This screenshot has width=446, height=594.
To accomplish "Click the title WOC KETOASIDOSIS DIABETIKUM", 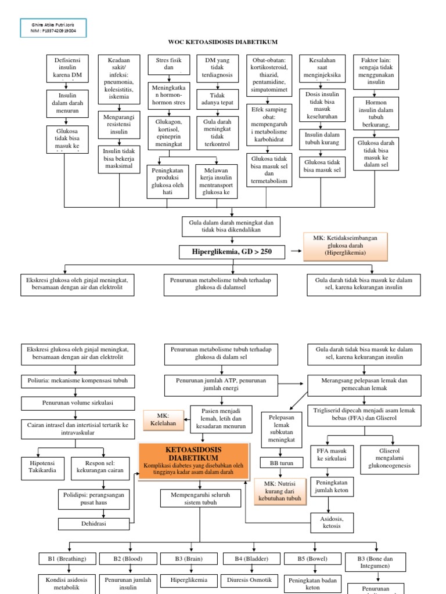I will (223, 42).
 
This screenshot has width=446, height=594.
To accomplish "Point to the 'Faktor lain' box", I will (376, 70).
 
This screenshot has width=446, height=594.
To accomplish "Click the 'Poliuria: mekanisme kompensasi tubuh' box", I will (78, 381).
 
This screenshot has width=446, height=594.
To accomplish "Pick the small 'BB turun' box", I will (279, 463).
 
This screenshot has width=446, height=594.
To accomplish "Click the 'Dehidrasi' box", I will (97, 523).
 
